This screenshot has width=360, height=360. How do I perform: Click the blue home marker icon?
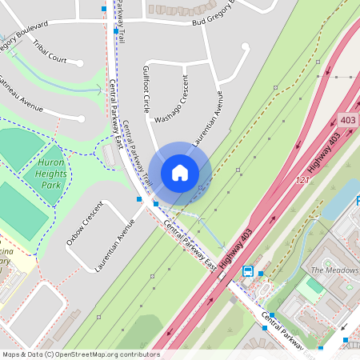click(x=180, y=172)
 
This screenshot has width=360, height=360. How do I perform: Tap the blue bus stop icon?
click(x=248, y=271)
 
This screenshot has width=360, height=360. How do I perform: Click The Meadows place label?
click(x=334, y=270)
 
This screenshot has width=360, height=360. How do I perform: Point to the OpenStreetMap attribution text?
click(x=81, y=354)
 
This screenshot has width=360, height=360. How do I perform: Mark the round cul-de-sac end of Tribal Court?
click(x=81, y=62)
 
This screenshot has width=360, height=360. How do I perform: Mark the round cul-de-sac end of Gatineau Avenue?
click(x=82, y=119)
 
